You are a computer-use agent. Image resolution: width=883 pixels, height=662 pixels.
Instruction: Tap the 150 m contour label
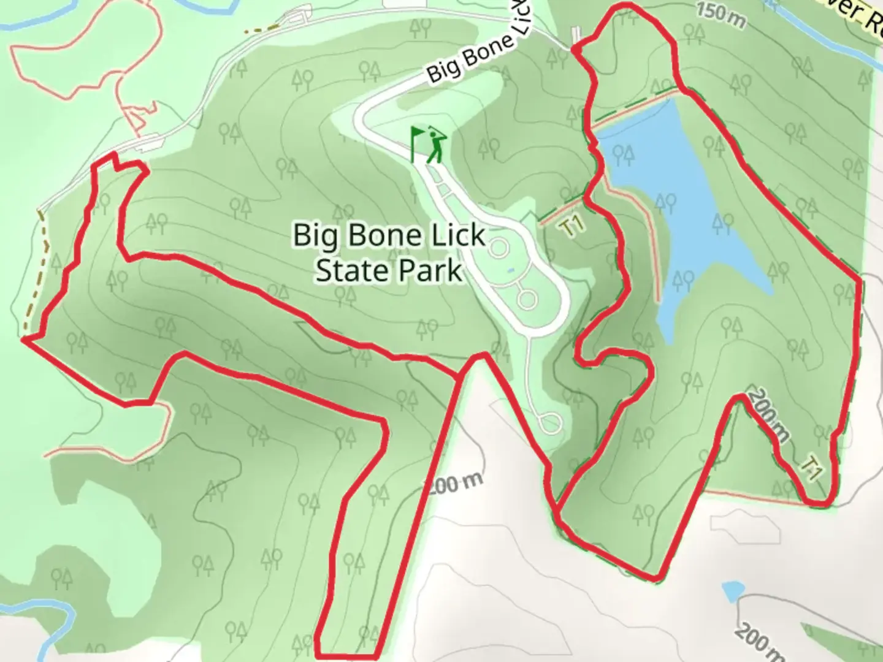(721, 17)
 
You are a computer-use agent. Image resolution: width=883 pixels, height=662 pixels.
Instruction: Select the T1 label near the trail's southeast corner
(812, 470)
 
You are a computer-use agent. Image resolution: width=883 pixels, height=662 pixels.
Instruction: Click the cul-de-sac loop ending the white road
(549, 423)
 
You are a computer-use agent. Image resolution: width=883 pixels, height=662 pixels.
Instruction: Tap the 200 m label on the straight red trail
(454, 484)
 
